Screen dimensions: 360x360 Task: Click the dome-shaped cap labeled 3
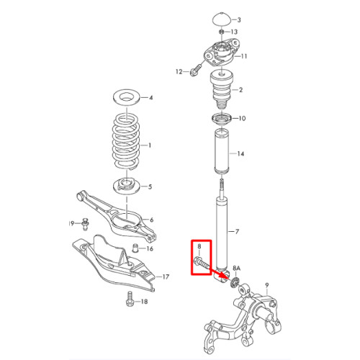[222, 19]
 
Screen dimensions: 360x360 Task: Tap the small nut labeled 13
[222, 32]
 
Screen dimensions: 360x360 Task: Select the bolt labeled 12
[196, 70]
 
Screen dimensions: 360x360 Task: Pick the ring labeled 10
[222, 118]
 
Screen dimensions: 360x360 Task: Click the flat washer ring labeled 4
[127, 98]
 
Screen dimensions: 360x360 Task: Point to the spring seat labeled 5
[126, 186]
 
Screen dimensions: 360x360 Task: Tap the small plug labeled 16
[136, 248]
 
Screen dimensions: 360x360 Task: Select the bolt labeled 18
[130, 299]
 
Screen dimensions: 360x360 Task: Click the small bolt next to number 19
[85, 224]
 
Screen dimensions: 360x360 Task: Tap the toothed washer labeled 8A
[233, 282]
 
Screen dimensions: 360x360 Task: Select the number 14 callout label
[240, 153]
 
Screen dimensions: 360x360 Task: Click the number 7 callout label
[237, 232]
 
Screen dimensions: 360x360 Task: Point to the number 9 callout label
[267, 285]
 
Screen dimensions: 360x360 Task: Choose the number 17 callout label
[166, 276]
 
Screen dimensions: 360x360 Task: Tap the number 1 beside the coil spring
[150, 145]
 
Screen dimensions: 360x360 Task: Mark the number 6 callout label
[151, 220]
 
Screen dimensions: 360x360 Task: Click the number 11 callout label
[244, 56]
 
